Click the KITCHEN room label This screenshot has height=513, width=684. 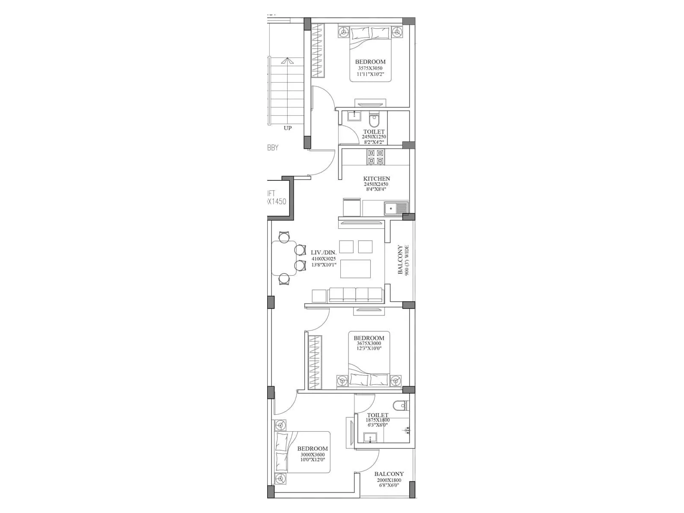376,179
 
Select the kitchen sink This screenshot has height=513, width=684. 396,209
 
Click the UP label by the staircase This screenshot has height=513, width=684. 288,128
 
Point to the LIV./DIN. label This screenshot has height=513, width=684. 324,253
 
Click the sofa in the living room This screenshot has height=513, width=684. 356,295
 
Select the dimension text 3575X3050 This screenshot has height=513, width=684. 370,68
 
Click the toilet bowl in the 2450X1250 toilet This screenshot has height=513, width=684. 374,118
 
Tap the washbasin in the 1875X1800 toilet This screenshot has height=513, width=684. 370,437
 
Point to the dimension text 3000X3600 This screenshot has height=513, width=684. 313,454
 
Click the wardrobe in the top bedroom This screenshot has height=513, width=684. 317,51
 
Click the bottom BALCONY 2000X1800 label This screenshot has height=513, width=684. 389,474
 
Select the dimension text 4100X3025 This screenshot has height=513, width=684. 324,259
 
